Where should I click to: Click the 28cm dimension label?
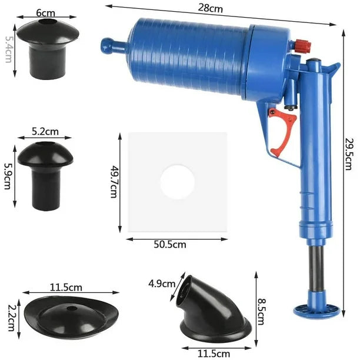pyautogui.click(x=211, y=8)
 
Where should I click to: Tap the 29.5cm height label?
pyautogui.click(x=348, y=154)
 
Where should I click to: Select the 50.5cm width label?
pyautogui.click(x=170, y=245)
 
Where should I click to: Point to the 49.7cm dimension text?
pyautogui.click(x=114, y=181)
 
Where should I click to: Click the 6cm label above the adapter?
pyautogui.click(x=46, y=13)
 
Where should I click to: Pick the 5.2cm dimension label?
pyautogui.click(x=45, y=132)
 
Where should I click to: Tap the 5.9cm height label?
pyautogui.click(x=8, y=176)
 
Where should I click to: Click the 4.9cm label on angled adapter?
pyautogui.click(x=162, y=284)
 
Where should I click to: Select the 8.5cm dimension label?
pyautogui.click(x=261, y=311)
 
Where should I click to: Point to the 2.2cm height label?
pyautogui.click(x=12, y=318)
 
